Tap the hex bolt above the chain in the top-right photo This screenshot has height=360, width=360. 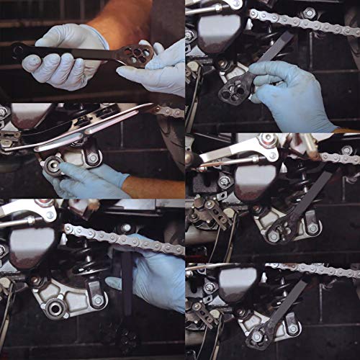[x=309, y=12]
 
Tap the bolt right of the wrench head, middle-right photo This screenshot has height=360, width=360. [x=312, y=228]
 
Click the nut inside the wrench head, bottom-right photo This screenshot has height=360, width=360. [x=257, y=335]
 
